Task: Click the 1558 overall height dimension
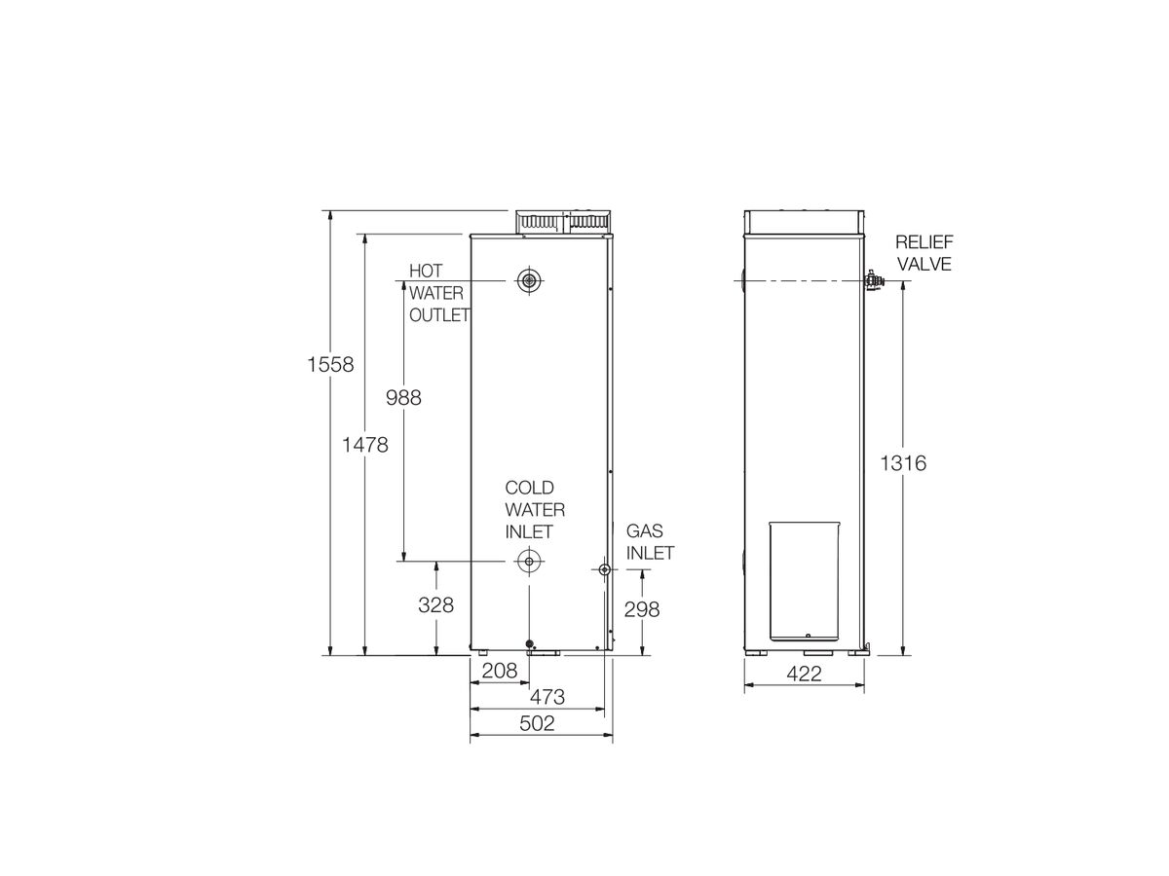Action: pos(329,365)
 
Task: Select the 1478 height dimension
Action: pos(365,445)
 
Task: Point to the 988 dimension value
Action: pos(403,398)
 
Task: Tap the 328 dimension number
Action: pos(435,604)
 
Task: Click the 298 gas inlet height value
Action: pos(641,609)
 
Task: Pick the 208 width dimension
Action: pos(499,671)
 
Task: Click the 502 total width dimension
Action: pos(537,723)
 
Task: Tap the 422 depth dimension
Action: pos(804,674)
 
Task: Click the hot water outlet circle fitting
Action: pos(529,281)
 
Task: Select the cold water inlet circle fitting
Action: pos(529,561)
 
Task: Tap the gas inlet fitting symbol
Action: pos(605,569)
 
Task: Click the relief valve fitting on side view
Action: pos(873,281)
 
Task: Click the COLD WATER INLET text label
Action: pos(534,509)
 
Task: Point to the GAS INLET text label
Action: pos(649,542)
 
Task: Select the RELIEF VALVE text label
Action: pos(924,253)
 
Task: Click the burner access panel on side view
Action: pos(804,581)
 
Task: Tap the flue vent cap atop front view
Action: pos(563,222)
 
